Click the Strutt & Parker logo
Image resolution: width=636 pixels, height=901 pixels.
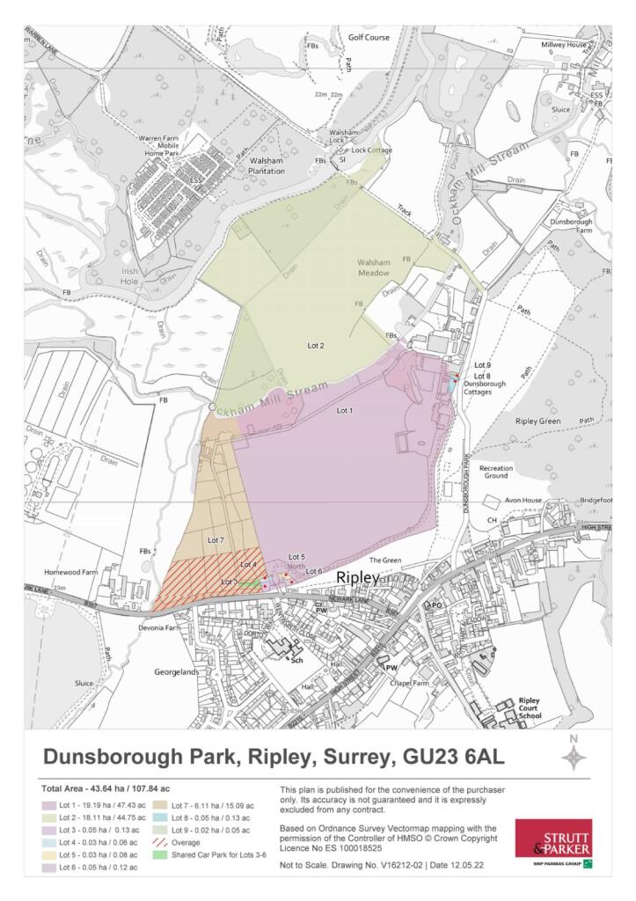pos(553,844)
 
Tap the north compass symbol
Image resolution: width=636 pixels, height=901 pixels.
pos(574,756)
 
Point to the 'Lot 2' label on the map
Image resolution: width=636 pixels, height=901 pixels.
pos(317,346)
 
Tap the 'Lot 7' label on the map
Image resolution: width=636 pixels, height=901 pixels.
pos(216,538)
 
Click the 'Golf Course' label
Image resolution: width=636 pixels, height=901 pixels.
pos(368,38)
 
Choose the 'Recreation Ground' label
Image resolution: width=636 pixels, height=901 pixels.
pos(495,472)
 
